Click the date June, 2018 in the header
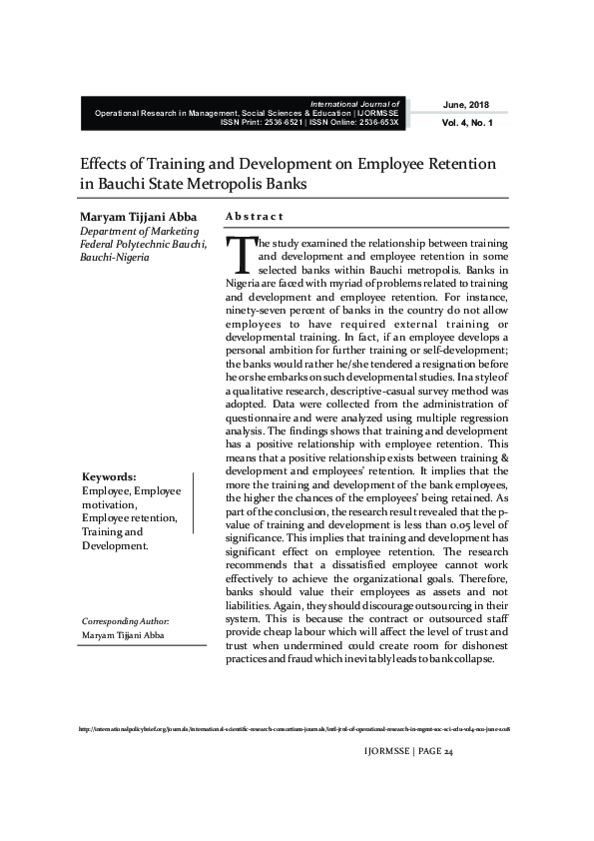tap(466, 105)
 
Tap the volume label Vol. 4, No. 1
tap(466, 122)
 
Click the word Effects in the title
tap(102, 163)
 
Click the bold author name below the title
tap(139, 217)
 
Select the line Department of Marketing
tap(139, 231)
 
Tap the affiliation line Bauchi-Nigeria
tap(114, 258)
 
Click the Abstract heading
tap(255, 217)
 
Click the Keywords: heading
tap(109, 476)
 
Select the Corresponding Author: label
tap(126, 621)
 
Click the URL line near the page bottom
tap(296, 730)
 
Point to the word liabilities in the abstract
tap(254, 604)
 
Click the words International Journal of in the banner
tap(355, 104)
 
